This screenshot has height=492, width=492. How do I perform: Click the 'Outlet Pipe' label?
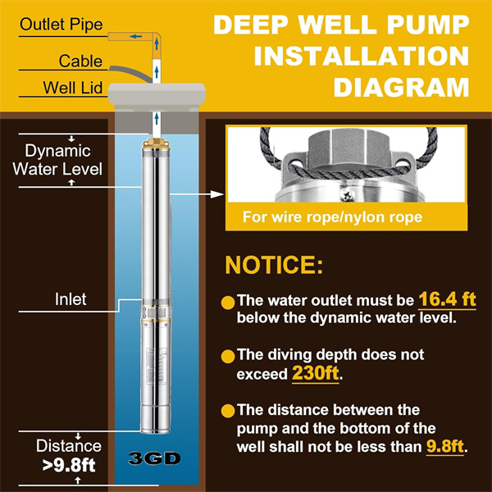pos(61,25)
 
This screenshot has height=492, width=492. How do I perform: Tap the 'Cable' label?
pos(80,61)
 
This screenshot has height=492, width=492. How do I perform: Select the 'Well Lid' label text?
pos(72,88)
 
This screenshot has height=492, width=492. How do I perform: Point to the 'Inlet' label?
pos(71,299)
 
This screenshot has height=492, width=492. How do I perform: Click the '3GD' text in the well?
pos(154,458)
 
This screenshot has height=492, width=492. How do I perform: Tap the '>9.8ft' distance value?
pos(69,465)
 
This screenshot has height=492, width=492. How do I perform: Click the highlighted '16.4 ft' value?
pos(447,299)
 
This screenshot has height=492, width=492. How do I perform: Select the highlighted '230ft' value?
pos(316,373)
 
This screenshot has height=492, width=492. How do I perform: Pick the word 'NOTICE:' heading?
pos(274,266)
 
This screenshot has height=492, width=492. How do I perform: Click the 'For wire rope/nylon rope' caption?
pos(332,217)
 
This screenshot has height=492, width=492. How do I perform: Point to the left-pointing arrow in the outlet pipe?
pos(135,36)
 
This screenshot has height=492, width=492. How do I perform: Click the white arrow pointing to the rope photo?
pos(197,194)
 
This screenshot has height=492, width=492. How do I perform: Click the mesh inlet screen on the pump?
pos(156,312)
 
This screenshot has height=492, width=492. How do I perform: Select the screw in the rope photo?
pos(348,195)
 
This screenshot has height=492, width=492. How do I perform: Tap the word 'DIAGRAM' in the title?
pos(401,87)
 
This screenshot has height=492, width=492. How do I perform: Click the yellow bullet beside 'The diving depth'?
pos(228,357)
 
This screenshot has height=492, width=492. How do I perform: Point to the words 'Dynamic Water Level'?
pos(57,160)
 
